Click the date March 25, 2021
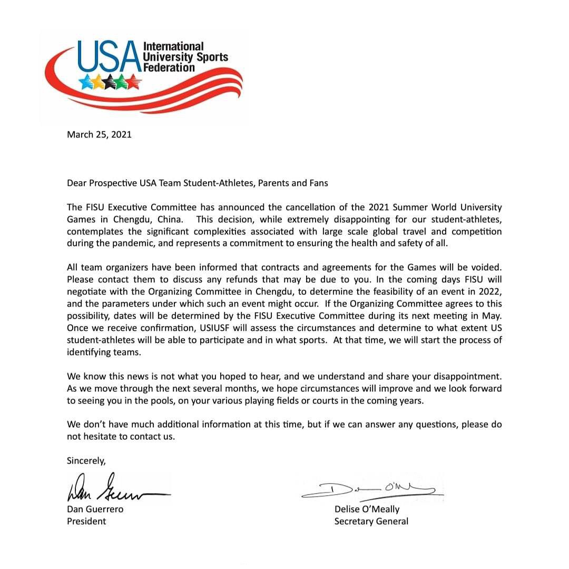click(x=99, y=134)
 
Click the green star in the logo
click(x=122, y=82)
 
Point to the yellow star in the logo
click(x=98, y=82)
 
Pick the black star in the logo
click(x=110, y=82)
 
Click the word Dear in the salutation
click(x=76, y=183)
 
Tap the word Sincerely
click(x=86, y=460)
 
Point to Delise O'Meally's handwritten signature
click(x=369, y=490)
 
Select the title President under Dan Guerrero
click(x=86, y=522)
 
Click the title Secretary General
click(x=371, y=522)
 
